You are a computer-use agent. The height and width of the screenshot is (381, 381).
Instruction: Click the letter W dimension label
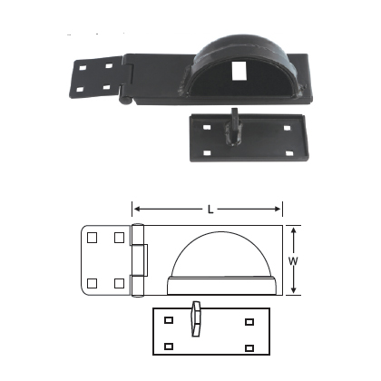point(291,261)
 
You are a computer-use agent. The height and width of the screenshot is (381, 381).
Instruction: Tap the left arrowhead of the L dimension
point(136,207)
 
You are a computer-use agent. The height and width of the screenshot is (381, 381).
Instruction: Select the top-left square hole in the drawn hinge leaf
point(93,237)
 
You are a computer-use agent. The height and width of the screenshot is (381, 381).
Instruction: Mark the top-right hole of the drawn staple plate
point(249,321)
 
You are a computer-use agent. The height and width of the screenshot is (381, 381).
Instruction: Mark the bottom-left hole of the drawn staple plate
point(169,345)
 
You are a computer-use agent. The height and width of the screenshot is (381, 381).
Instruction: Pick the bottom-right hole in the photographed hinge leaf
point(107,88)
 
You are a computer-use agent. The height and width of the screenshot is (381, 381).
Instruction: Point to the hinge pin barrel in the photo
point(124,84)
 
